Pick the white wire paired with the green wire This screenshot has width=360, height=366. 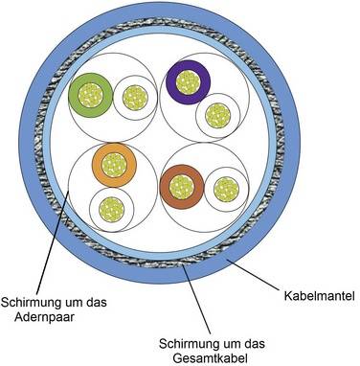coord(134,97)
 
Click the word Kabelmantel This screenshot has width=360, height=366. coord(316,297)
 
